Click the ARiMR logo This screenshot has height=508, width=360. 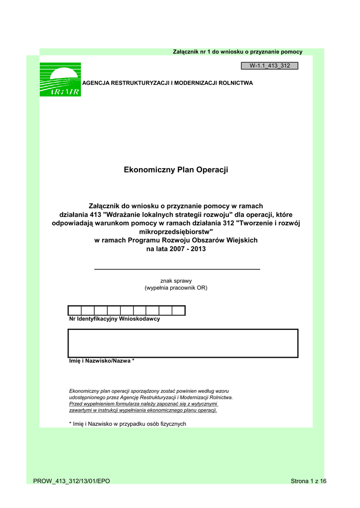[x=60, y=79]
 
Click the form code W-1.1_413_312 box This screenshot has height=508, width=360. [x=269, y=65]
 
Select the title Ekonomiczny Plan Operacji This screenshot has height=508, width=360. [x=176, y=170]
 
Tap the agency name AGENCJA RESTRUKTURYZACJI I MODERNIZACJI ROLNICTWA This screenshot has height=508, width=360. [x=167, y=83]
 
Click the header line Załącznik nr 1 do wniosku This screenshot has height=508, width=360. [x=237, y=52]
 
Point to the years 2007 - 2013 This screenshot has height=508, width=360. [x=176, y=250]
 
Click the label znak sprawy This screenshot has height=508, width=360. [x=176, y=281]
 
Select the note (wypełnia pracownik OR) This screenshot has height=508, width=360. [x=176, y=288]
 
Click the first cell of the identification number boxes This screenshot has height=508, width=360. [x=74, y=311]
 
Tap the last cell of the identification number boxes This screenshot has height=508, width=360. [x=178, y=311]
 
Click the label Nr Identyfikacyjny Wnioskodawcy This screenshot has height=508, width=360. [x=114, y=319]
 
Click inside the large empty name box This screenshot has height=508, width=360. [x=183, y=343]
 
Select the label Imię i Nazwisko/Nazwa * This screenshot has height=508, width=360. [x=101, y=361]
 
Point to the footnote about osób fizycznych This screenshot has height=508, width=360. [x=127, y=424]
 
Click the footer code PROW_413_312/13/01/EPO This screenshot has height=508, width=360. [x=72, y=481]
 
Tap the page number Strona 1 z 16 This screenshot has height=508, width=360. [x=308, y=481]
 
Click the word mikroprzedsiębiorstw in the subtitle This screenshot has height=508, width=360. [x=176, y=232]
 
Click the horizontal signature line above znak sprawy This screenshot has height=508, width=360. [x=177, y=269]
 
